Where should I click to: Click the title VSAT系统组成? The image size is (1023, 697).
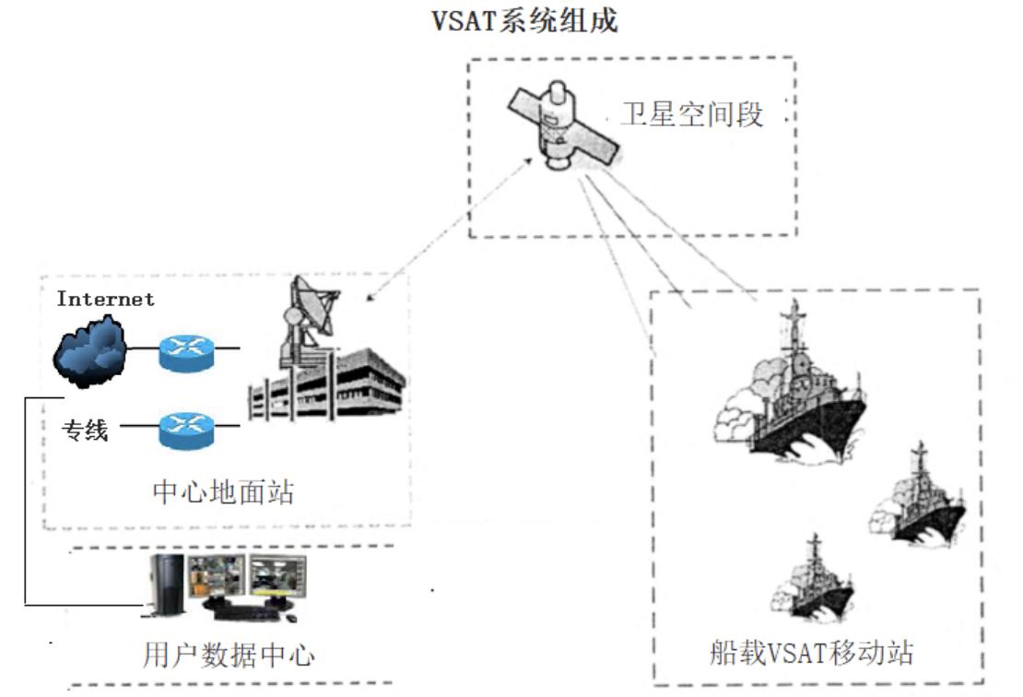(525, 22)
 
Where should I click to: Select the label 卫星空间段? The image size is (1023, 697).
(693, 116)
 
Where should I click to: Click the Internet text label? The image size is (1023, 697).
(105, 299)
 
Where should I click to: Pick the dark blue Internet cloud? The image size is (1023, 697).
(89, 351)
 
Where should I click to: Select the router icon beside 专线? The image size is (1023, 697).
(184, 427)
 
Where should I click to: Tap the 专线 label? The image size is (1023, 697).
(85, 429)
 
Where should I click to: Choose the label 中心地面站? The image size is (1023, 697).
(223, 491)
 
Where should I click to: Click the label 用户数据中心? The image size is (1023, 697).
(229, 655)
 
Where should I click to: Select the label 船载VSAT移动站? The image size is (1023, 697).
(805, 654)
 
